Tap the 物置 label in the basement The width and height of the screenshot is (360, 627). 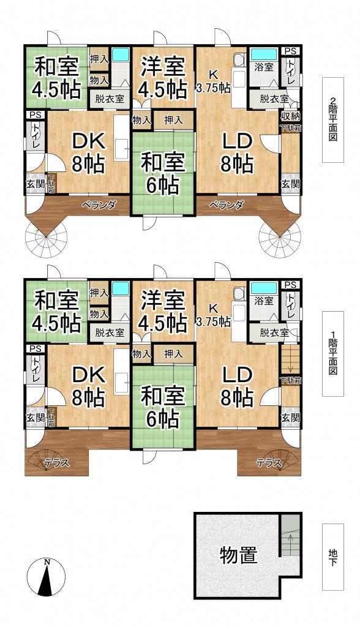[238, 555]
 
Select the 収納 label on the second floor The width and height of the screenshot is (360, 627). [290, 116]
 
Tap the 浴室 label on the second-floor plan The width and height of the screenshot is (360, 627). [264, 68]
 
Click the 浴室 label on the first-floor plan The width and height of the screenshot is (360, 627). [264, 301]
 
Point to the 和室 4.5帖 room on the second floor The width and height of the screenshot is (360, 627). [56, 77]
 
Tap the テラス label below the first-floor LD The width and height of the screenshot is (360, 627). [268, 464]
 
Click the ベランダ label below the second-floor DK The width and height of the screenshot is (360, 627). [99, 205]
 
